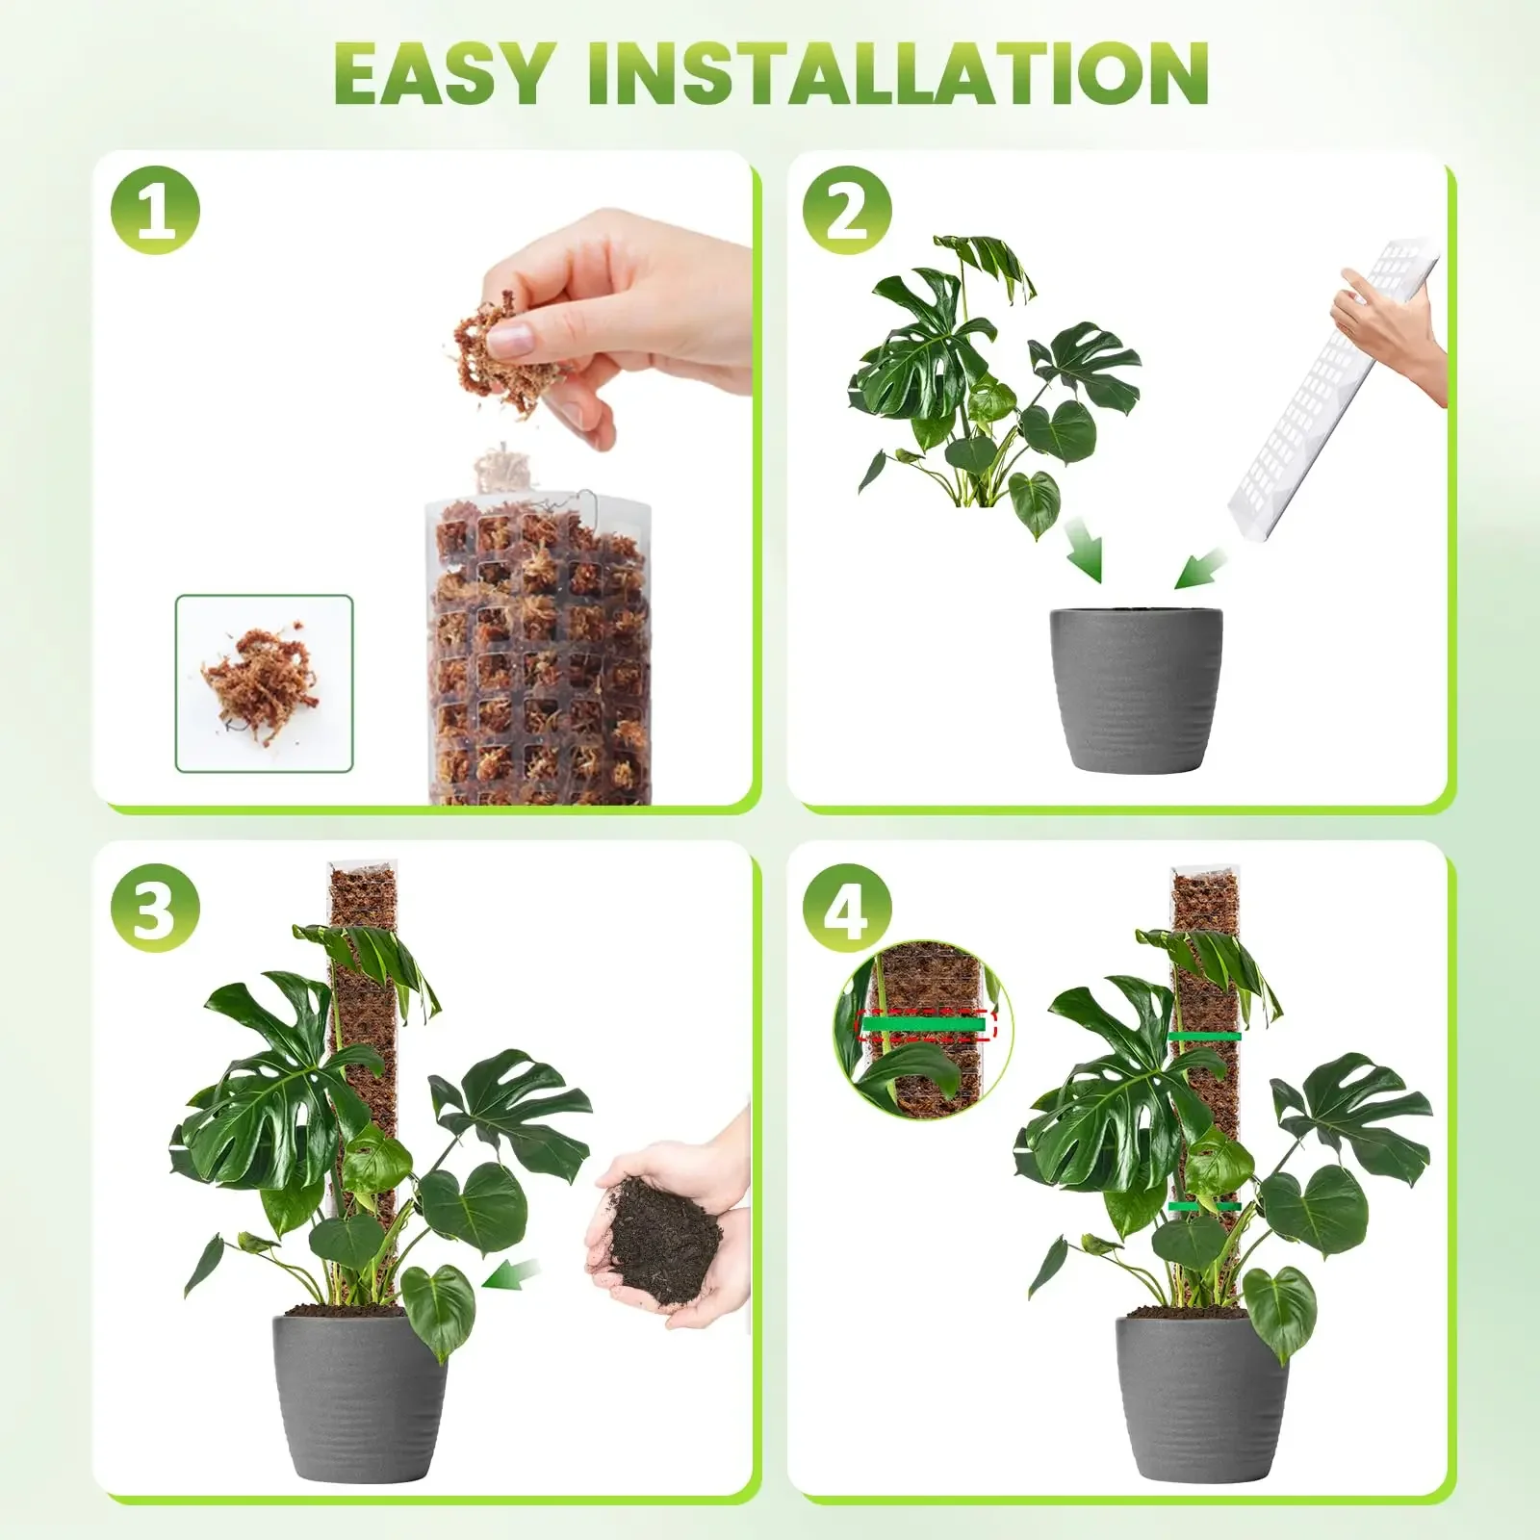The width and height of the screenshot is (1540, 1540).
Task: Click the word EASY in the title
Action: click(x=445, y=75)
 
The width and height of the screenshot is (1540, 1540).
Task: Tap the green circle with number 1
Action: click(x=155, y=211)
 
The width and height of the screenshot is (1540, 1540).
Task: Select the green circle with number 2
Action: click(x=847, y=211)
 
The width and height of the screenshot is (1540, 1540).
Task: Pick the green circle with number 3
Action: click(x=155, y=906)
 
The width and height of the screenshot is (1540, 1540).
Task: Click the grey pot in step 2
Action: click(x=1136, y=688)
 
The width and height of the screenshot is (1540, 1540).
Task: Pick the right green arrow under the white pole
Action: click(x=1198, y=568)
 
